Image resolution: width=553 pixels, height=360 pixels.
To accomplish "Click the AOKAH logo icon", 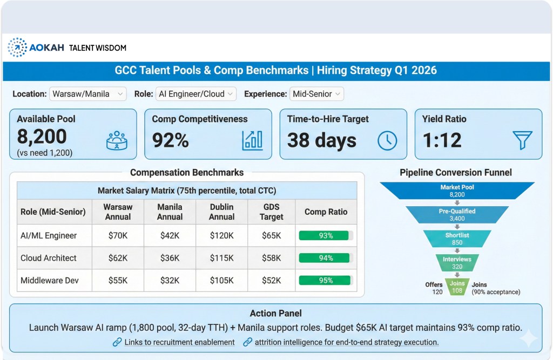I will [x=17, y=47].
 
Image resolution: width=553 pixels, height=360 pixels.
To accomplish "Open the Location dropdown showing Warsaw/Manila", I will [x=88, y=94].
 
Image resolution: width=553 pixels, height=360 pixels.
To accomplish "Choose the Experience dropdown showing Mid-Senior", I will [x=316, y=94].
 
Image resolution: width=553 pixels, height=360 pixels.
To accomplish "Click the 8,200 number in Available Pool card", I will [x=42, y=137].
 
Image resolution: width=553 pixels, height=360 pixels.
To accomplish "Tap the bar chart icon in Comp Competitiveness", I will [x=252, y=140].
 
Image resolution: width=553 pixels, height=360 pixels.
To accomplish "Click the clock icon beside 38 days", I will [x=387, y=140].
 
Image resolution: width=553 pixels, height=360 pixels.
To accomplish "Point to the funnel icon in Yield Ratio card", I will [x=522, y=140].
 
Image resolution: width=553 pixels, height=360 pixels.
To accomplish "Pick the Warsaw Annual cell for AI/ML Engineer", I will [x=118, y=235].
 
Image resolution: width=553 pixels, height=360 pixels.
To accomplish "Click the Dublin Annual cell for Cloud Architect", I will [x=222, y=258].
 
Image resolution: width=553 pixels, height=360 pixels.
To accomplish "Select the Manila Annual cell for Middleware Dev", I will [x=170, y=280].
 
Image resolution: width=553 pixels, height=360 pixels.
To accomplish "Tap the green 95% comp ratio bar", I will [x=326, y=280].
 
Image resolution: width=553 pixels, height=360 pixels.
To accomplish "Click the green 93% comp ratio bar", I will [x=326, y=235].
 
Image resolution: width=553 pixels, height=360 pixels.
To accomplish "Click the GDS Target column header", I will [x=271, y=212].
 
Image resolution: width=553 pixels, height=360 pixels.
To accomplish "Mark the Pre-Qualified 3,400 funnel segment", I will [x=457, y=215].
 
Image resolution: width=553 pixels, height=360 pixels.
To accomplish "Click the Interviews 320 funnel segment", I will [x=457, y=262].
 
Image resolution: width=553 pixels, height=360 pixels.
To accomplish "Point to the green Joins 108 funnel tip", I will [x=457, y=286].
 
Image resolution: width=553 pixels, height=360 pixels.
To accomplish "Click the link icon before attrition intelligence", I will [x=248, y=342].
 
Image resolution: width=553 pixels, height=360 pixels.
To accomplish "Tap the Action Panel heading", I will [x=276, y=313].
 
